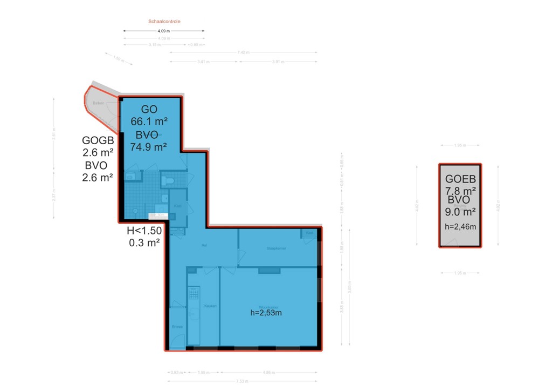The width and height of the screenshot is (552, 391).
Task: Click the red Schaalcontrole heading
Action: (x=164, y=22)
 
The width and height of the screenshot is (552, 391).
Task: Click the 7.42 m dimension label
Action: (x=244, y=52)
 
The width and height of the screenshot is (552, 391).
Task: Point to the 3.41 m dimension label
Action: (x=204, y=62)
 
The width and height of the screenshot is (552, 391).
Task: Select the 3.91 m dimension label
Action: (x=278, y=62)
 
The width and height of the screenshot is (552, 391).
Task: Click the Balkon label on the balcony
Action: (x=98, y=103)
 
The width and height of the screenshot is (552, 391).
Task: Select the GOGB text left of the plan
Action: (x=98, y=140)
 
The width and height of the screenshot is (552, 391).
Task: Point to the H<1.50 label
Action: (x=144, y=231)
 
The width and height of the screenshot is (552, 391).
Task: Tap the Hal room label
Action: (x=204, y=245)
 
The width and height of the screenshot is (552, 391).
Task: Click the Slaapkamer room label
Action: (x=275, y=249)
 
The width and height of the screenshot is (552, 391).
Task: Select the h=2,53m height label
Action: (x=266, y=312)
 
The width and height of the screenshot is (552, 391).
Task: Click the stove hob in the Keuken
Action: (x=193, y=293)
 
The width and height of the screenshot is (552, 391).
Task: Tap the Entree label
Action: (x=177, y=327)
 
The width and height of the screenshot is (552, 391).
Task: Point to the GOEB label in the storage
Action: (x=460, y=180)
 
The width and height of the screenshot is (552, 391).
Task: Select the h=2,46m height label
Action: (x=460, y=226)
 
